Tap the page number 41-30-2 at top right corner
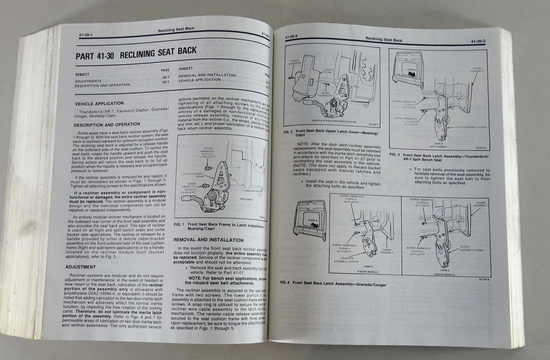pos(478,41)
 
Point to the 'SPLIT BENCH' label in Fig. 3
pos(438,146)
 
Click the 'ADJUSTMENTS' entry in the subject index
pos(89,81)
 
